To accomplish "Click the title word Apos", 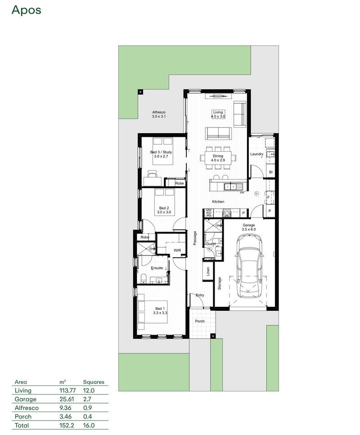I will coord(26,10).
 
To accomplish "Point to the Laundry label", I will coord(257,154).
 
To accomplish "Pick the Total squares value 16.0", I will coord(89,425).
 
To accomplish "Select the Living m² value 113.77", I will coord(67,390).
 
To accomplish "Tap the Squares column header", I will coord(94,382).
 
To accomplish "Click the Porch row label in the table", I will coord(23,417).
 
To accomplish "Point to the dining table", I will coord(218,158).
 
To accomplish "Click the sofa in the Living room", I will coord(218,133).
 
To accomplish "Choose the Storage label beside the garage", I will coord(220,283).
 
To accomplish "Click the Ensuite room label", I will coord(157,268).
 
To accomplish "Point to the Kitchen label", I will coord(218,202).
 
